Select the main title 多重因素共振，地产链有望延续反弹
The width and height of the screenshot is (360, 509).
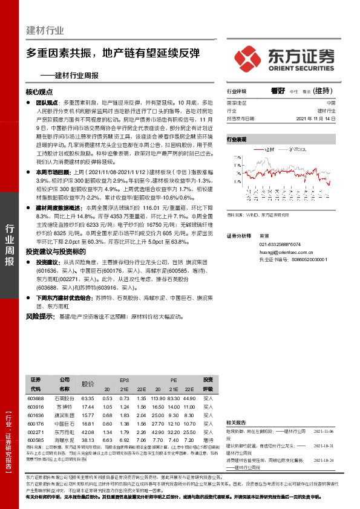[114, 53]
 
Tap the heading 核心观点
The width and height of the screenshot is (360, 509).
[39, 93]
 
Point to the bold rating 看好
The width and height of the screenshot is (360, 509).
[278, 91]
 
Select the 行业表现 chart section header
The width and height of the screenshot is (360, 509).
[237, 140]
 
